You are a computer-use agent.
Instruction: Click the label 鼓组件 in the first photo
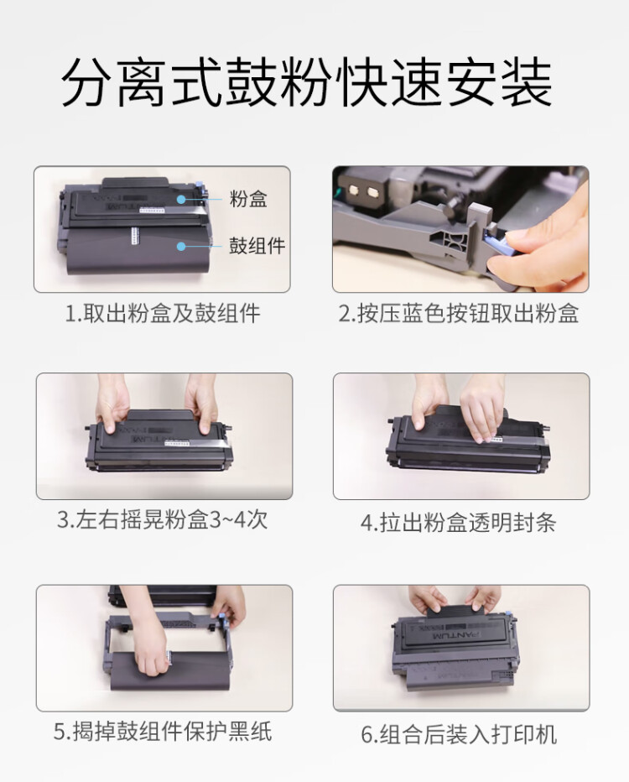pos(257,246)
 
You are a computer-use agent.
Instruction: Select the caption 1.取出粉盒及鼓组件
pos(163,314)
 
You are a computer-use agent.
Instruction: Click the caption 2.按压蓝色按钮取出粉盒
pos(459,314)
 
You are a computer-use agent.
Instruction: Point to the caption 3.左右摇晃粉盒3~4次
pos(163,519)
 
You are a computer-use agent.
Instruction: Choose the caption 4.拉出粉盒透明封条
pos(459,523)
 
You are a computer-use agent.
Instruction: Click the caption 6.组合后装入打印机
pos(459,735)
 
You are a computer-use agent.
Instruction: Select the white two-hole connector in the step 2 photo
pos(361,189)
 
